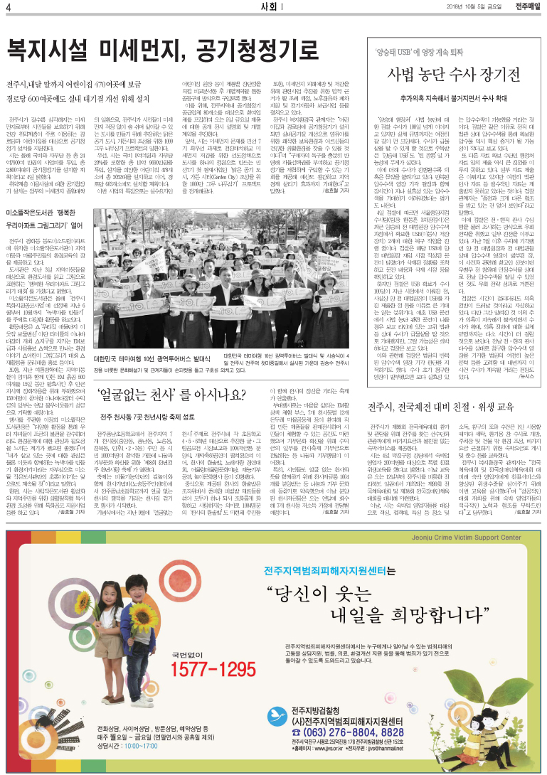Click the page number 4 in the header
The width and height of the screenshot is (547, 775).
9,8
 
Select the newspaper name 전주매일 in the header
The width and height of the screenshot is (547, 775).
526,7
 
